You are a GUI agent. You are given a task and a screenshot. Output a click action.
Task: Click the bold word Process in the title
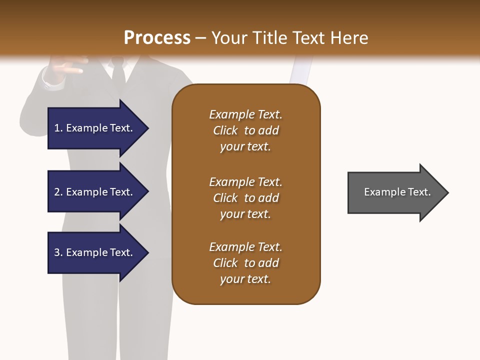[x=157, y=38]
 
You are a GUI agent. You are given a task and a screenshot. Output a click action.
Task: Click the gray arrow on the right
[x=395, y=192]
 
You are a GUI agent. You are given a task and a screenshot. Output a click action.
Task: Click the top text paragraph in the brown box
[x=245, y=130]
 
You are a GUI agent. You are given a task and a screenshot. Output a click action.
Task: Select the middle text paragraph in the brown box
[x=245, y=198]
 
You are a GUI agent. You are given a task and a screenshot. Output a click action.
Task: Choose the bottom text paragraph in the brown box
[x=245, y=263]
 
